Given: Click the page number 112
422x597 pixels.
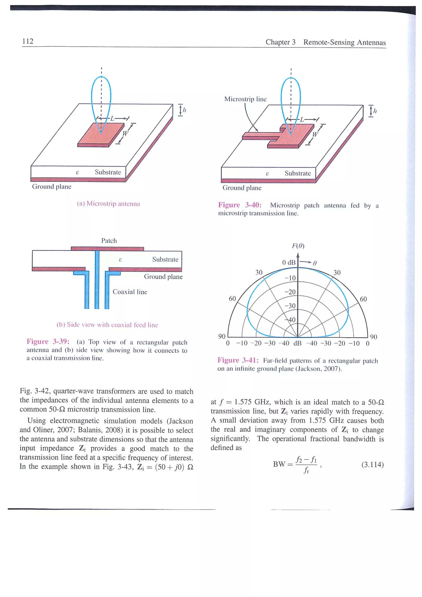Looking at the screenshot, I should pyautogui.click(x=28, y=41).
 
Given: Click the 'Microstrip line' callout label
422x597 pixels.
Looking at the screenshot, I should pyautogui.click(x=245, y=99).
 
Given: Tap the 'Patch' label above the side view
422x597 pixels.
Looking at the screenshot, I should pyautogui.click(x=109, y=240).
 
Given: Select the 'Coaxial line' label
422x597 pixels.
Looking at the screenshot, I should pyautogui.click(x=130, y=292).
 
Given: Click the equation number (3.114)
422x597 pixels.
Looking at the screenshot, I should pyautogui.click(x=372, y=464).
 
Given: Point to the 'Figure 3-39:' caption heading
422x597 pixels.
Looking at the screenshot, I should pyautogui.click(x=48, y=341).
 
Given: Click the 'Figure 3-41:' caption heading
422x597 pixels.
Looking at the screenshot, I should pyautogui.click(x=238, y=360).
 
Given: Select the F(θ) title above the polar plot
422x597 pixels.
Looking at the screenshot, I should pyautogui.click(x=298, y=246).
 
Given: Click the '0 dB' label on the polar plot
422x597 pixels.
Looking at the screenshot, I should pyautogui.click(x=289, y=262).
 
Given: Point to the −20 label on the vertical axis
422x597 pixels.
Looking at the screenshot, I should pyautogui.click(x=290, y=292).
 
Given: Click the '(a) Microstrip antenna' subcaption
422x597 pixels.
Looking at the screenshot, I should pyautogui.click(x=108, y=204).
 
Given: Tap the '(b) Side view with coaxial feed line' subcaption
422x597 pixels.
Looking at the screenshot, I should pyautogui.click(x=107, y=325).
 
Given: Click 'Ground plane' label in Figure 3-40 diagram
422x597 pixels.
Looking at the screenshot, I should pyautogui.click(x=242, y=188).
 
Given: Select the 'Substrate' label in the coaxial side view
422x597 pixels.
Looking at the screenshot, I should pyautogui.click(x=165, y=259).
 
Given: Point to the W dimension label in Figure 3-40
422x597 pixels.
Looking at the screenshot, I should pyautogui.click(x=315, y=134).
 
